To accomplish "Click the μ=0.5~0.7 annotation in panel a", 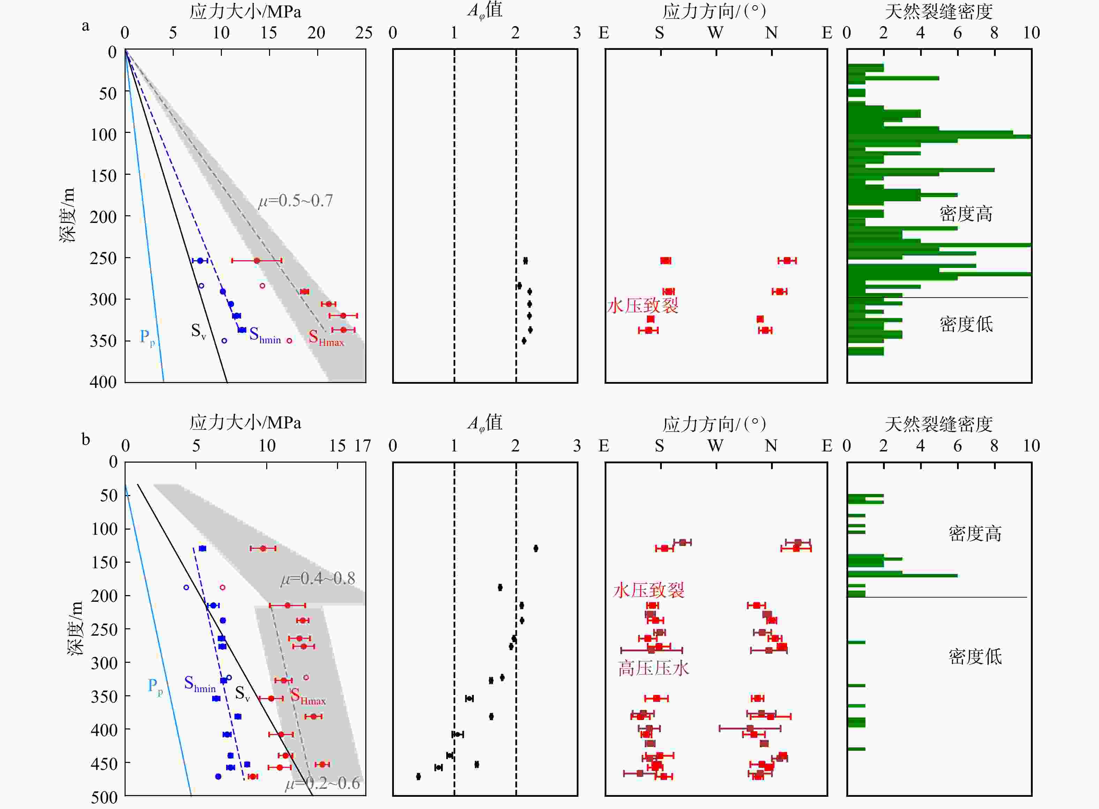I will (x=295, y=201).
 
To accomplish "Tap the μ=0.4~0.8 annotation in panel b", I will (x=318, y=578).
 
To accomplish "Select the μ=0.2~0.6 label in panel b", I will (x=323, y=784).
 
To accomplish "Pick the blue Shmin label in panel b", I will (x=199, y=684).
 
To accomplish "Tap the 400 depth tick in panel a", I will (x=103, y=382).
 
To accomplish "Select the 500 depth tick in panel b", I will (x=104, y=797).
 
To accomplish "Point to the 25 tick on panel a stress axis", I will (x=364, y=33).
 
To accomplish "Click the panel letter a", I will (x=86, y=26).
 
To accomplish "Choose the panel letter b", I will (x=86, y=439).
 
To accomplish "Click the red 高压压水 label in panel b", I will (x=653, y=668).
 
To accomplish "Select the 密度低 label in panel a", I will (x=966, y=324).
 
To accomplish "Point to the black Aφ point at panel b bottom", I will (x=418, y=776).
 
